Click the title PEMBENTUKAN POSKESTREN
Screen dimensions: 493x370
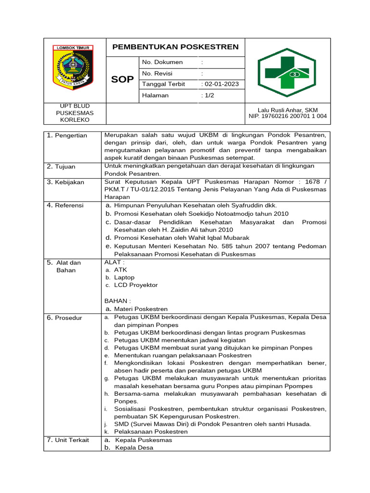[175, 47]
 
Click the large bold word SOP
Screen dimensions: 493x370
[122, 79]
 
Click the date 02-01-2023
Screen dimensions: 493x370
[221, 84]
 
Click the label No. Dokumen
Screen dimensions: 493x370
[162, 62]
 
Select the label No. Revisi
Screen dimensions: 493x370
[157, 73]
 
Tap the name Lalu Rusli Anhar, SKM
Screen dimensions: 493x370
[288, 110]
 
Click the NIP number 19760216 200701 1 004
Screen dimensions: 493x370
[288, 116]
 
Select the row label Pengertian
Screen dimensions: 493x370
[70, 135]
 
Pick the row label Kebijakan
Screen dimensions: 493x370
[69, 182]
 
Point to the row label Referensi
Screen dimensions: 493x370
[69, 205]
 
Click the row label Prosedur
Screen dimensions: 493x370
[68, 318]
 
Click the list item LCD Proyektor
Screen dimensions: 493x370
[135, 285]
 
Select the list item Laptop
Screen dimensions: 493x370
[124, 277]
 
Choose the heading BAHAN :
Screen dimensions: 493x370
[118, 300]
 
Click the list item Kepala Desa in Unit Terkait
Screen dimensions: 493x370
[134, 447]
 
